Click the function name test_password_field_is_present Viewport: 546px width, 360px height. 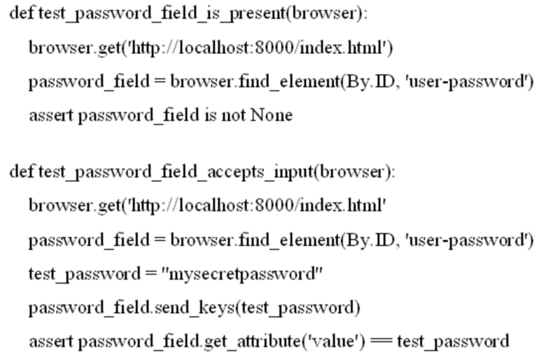pos(162,14)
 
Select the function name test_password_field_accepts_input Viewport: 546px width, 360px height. pos(176,172)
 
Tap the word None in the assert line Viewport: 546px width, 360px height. pos(272,115)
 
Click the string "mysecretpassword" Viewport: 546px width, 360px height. pos(242,275)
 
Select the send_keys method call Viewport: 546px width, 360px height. pos(193,307)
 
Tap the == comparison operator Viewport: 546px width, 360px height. pos(381,342)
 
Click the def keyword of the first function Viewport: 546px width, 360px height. pos(22,13)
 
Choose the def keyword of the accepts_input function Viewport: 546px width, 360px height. pos(22,172)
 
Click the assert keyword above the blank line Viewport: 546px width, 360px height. pos(51,116)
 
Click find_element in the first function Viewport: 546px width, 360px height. pos(289,82)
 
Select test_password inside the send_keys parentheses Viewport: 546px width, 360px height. pos(297,308)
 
